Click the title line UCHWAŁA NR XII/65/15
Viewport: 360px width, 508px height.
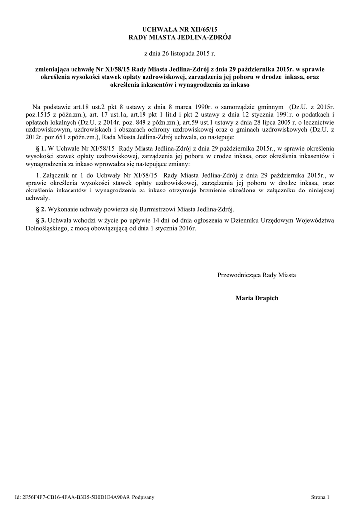point(180,30)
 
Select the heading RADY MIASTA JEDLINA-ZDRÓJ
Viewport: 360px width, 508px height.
point(180,37)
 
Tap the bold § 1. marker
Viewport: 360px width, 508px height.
point(42,148)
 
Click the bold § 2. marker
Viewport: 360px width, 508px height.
point(42,209)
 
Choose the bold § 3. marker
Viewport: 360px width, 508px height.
point(42,220)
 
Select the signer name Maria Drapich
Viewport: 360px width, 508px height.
point(257,298)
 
